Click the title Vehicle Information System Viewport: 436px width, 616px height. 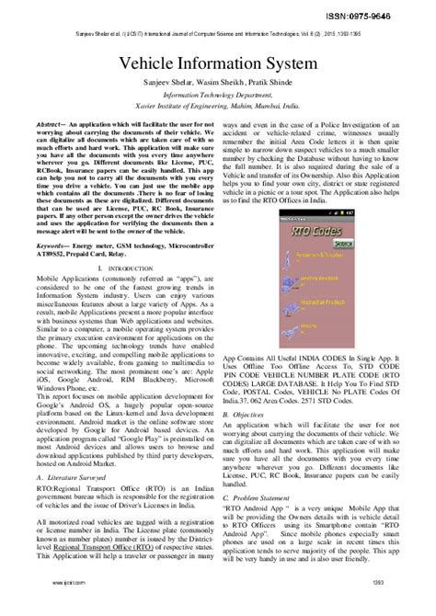point(218,66)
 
